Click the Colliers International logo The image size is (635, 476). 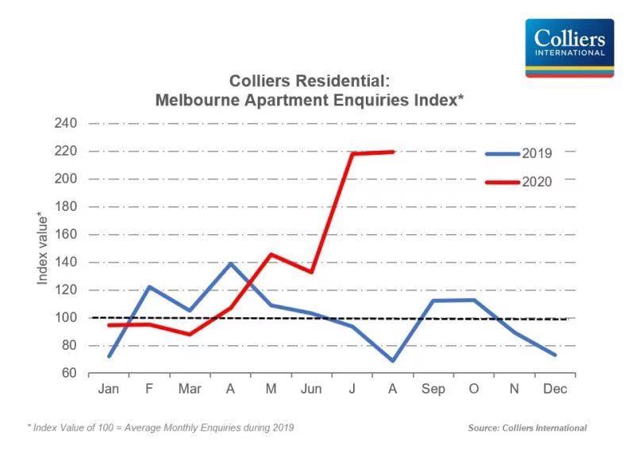pos(569,48)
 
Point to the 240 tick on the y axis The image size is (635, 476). pos(67,124)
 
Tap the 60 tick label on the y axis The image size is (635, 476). pos(70,374)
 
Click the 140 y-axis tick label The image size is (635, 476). pos(67,263)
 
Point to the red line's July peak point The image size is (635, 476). pos(352,153)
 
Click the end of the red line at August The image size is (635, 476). pos(393,152)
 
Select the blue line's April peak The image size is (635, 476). pos(230,263)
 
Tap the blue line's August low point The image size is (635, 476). pos(392,361)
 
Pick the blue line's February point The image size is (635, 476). pos(148,287)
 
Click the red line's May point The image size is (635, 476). pos(271,255)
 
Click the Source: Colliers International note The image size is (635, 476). pos(527,428)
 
